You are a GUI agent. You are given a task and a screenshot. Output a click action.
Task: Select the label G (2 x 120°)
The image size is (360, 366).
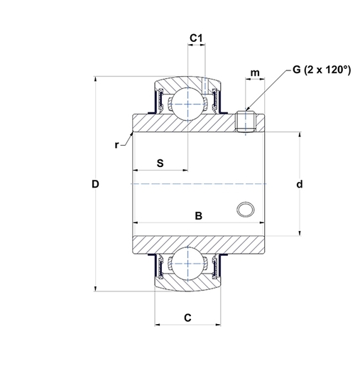point(321,70)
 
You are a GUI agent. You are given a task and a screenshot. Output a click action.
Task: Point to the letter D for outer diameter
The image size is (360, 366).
point(95,185)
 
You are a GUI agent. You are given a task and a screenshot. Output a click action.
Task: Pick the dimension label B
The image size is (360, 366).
point(200,215)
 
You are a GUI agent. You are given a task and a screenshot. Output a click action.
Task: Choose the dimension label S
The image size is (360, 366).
point(160,163)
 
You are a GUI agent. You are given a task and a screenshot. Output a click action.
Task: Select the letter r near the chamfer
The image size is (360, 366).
point(116,145)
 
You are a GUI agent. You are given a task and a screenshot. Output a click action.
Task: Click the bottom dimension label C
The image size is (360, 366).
point(187,318)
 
